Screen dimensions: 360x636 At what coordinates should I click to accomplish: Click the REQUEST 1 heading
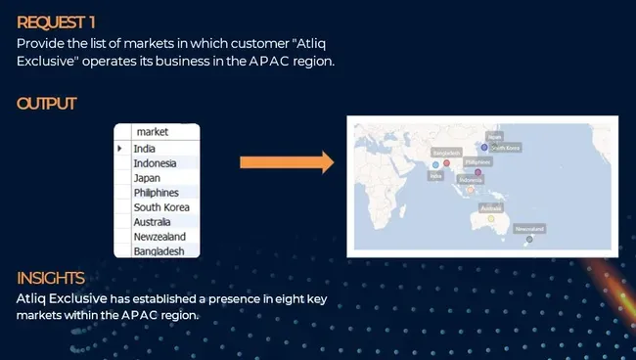coord(55,21)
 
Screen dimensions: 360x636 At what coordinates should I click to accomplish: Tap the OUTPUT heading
coord(47,104)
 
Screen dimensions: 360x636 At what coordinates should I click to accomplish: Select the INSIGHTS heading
coord(50,279)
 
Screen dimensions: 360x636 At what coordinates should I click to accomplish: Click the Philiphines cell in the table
coord(156,193)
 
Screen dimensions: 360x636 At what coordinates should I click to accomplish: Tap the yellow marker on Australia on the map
coord(491,218)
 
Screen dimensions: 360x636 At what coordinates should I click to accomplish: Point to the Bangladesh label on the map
coord(446,153)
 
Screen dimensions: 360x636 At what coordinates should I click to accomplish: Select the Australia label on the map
coord(491,207)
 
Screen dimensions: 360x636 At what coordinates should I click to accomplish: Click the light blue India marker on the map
coord(435,164)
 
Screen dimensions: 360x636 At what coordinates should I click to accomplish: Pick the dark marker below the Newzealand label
coord(529,239)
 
